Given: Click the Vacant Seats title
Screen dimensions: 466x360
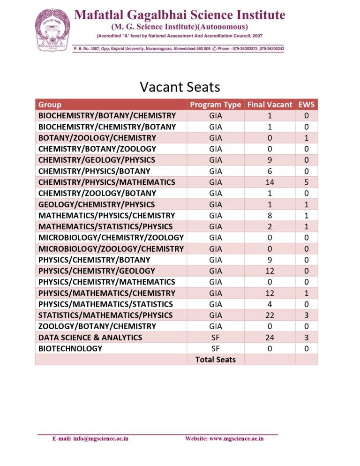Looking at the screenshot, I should [180, 87].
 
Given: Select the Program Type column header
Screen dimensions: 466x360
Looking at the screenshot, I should [216, 105].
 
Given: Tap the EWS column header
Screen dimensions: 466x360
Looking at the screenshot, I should [306, 105].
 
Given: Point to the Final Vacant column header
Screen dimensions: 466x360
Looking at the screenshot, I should [270, 105].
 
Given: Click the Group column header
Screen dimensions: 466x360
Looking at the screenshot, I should [50, 105].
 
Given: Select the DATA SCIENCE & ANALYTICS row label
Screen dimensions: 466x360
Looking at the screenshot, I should [90, 338].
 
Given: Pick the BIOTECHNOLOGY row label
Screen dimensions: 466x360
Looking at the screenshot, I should [70, 349].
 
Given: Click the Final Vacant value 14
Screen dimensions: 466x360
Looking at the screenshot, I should [270, 182].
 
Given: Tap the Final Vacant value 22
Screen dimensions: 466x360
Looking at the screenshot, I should [270, 316].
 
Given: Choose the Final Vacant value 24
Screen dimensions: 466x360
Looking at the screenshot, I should [270, 338].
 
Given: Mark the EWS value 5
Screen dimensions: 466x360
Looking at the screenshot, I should [306, 182].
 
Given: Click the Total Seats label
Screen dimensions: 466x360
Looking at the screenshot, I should [216, 360].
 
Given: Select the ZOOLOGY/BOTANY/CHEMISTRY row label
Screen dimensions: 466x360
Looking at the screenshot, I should [97, 326].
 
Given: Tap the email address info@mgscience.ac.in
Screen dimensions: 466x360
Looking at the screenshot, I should [90, 439].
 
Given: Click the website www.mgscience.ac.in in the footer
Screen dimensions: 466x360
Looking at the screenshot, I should [225, 439].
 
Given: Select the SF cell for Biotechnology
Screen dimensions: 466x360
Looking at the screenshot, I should [216, 349].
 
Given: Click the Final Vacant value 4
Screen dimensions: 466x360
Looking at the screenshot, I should [270, 304].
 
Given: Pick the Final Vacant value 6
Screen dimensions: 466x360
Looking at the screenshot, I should [270, 171].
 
